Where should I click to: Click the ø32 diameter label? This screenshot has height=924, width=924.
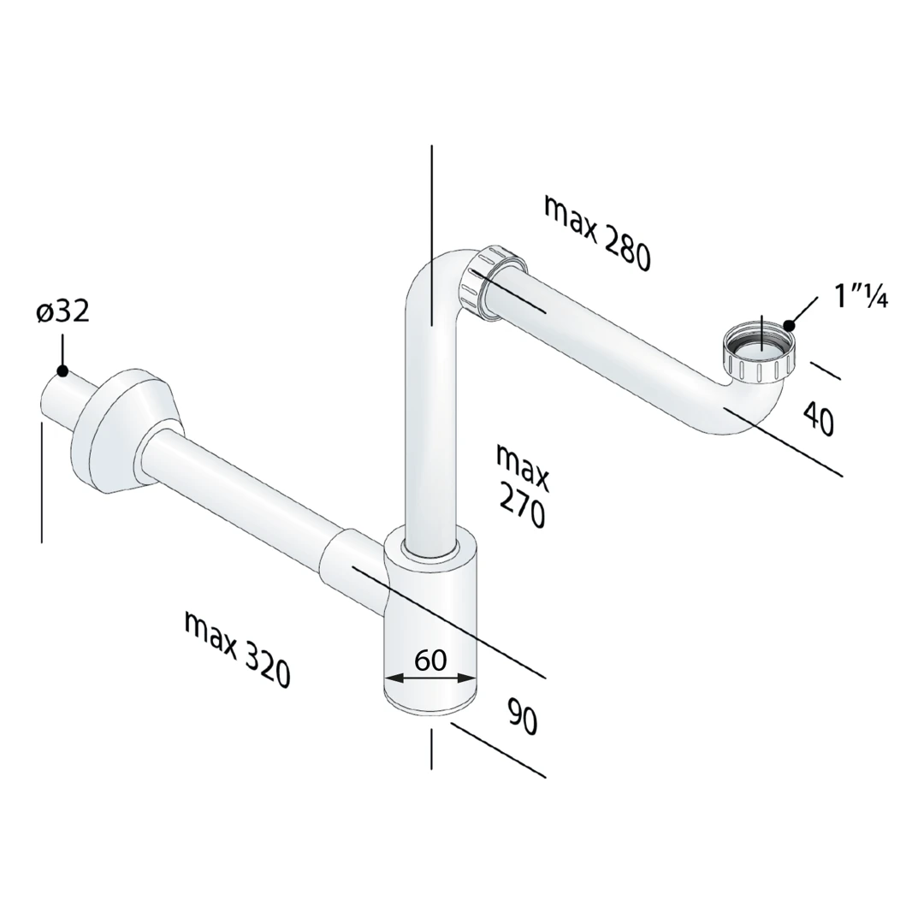[x=63, y=311]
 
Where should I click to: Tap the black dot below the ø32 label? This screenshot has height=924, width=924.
[x=62, y=370]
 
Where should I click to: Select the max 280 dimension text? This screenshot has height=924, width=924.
[x=597, y=234]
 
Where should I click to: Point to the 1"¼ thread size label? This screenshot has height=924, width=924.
[x=861, y=297]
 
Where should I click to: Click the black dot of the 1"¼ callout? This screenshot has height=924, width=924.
[x=790, y=325]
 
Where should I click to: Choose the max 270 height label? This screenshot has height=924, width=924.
[x=522, y=486]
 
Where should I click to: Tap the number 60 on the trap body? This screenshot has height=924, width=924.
[x=430, y=660]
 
